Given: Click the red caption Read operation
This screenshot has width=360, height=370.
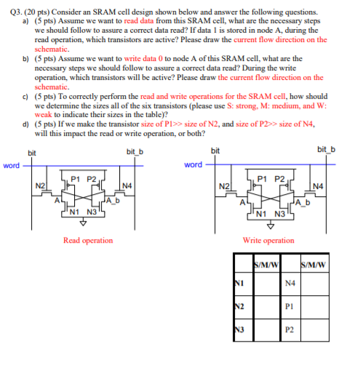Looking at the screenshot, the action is (88, 240).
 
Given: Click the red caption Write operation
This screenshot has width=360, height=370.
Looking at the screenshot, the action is (268, 240).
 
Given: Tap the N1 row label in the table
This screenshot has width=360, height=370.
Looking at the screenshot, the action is (239, 283).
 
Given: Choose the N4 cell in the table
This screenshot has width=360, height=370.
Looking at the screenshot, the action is (290, 283).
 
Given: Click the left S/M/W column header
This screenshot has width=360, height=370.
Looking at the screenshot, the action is (265, 262).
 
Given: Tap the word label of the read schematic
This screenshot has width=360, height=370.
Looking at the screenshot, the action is (11, 166).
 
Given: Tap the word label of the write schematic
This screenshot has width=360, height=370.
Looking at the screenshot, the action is (193, 165).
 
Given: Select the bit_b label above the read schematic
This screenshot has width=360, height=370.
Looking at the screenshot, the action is (135, 151).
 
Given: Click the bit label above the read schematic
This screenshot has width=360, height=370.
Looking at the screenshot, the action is (31, 151).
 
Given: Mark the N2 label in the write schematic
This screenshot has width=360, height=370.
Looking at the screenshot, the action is (225, 187).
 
